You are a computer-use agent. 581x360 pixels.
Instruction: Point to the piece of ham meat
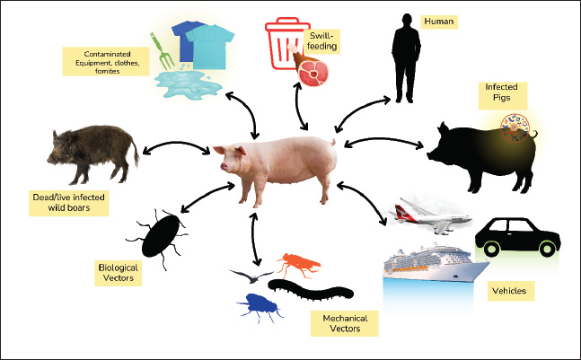coord(311,72)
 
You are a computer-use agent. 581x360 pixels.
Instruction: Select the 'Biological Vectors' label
coord(121,272)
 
